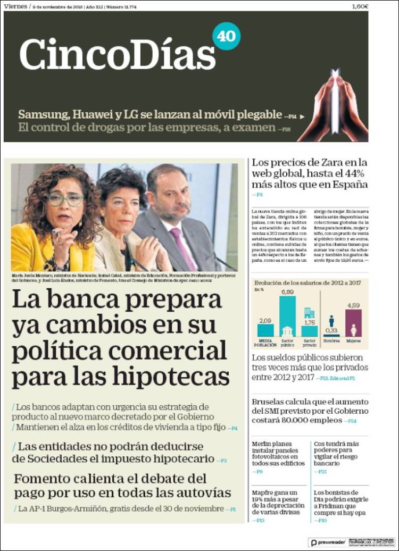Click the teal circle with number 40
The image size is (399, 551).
227,36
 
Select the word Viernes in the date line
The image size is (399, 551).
15,6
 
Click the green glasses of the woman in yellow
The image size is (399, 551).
65,199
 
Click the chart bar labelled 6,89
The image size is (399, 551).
287,316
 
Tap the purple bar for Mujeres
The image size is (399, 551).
353,323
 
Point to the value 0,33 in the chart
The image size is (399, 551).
331,330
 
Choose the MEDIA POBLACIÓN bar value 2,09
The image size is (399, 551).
265,321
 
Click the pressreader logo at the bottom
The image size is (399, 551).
328,542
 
